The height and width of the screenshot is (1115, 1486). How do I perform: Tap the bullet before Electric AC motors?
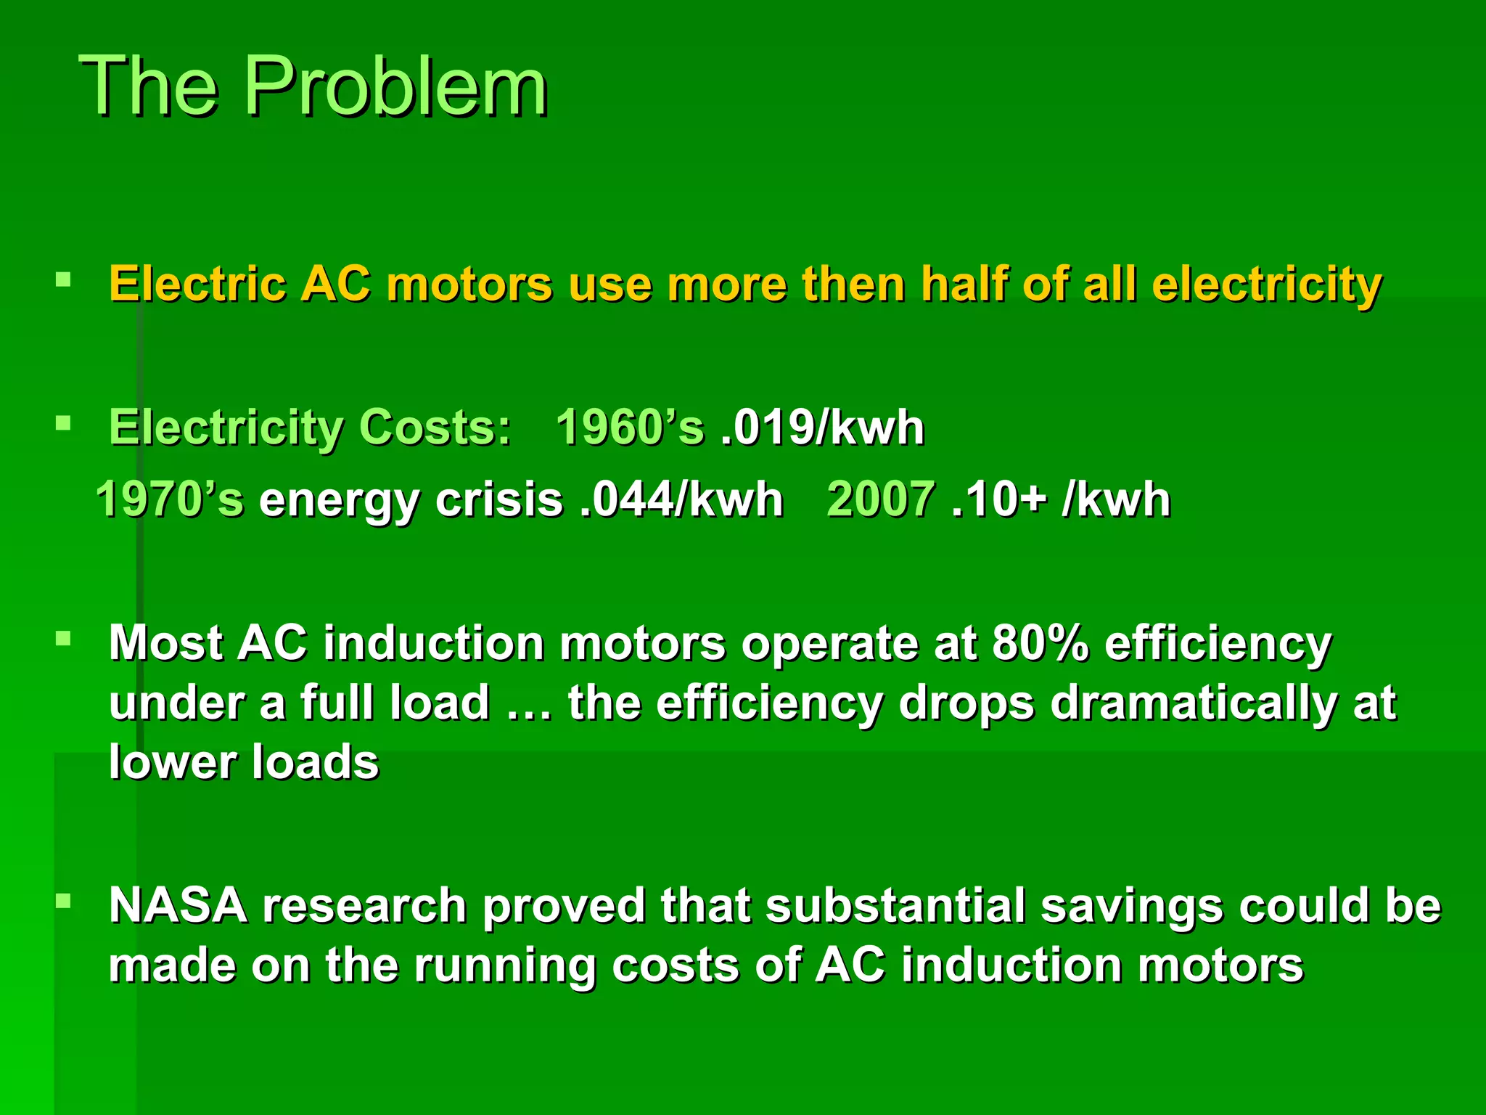point(63,279)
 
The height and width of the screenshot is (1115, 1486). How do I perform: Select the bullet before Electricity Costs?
point(63,422)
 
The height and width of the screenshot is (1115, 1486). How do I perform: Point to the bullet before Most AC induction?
point(63,639)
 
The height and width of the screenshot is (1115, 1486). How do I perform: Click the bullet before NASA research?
point(63,902)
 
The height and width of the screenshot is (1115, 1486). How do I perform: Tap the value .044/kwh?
point(681,500)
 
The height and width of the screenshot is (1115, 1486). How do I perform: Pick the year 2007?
point(880,500)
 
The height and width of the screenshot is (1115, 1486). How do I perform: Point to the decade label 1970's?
point(170,500)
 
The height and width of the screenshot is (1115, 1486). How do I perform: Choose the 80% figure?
point(1040,643)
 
